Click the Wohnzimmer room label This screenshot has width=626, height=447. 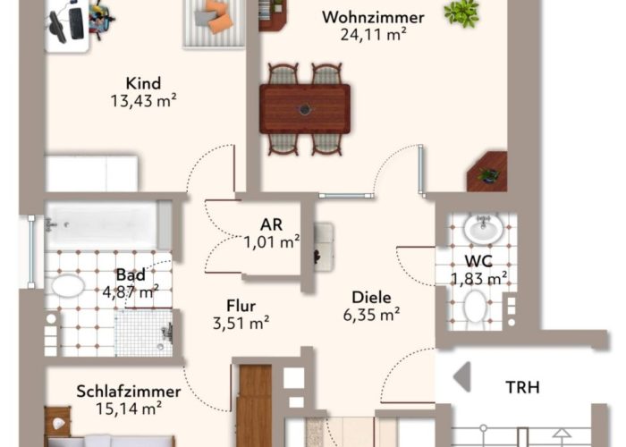(373, 18)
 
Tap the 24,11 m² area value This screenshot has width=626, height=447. (373, 34)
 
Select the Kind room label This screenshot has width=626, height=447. (143, 83)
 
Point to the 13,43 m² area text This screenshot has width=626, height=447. (143, 100)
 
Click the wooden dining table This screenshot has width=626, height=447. (305, 108)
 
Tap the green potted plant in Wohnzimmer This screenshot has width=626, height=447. (461, 13)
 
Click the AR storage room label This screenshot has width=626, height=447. (272, 224)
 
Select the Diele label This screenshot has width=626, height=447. (371, 298)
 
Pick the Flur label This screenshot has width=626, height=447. (241, 306)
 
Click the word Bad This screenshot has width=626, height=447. (131, 274)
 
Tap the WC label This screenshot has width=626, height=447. (478, 261)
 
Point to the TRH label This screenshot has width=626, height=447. (522, 387)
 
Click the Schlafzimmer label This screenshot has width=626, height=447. (129, 392)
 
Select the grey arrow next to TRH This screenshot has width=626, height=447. (462, 376)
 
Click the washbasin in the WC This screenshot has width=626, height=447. (484, 228)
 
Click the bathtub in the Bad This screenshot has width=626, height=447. (108, 225)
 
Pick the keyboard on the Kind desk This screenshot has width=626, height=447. (76, 23)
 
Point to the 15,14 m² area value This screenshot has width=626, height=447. (129, 409)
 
